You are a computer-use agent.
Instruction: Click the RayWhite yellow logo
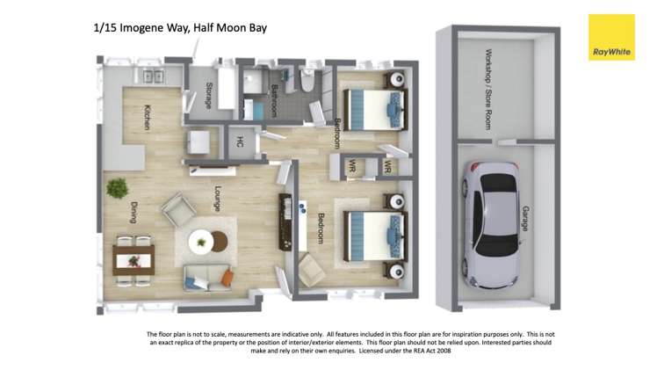pyautogui.click(x=610, y=38)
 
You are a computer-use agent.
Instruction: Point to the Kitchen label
pyautogui.click(x=148, y=118)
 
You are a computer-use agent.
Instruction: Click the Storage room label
pyautogui.click(x=208, y=95)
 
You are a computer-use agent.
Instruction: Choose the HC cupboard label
pyautogui.click(x=239, y=141)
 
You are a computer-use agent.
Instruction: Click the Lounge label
pyautogui.click(x=216, y=199)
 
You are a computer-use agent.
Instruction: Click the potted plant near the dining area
pyautogui.click(x=116, y=187)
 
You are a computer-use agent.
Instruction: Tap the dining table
pyautogui.click(x=134, y=259)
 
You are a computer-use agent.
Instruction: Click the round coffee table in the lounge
pyautogui.click(x=203, y=239)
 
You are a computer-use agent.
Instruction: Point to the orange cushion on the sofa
pyautogui.click(x=227, y=279)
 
